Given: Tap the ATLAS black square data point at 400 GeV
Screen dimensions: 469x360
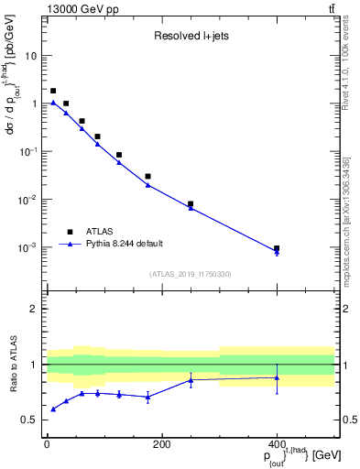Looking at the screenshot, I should (277, 248).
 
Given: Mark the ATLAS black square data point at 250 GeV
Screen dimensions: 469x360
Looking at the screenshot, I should (191, 204).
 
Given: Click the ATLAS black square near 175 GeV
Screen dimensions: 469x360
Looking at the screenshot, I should (147, 176).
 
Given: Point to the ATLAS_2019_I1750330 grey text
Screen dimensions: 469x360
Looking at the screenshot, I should (191, 274).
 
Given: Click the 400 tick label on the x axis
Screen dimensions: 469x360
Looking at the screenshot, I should (277, 445).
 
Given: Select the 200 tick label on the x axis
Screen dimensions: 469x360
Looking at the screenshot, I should (161, 445).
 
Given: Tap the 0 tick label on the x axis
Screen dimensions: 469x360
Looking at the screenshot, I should (47, 445).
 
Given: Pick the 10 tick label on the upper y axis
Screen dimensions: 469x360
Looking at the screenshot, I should (31, 56).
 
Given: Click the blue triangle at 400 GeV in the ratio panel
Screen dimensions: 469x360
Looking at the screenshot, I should (277, 377).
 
